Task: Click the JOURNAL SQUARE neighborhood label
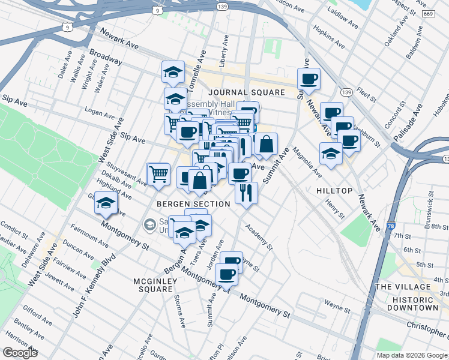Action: click(246, 92)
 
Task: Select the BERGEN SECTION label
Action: click(193, 205)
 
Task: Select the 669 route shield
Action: click(429, 14)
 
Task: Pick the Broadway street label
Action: click(106, 58)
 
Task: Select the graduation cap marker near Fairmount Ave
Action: click(106, 204)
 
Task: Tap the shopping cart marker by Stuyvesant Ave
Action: click(158, 174)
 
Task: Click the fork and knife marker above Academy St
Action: click(246, 193)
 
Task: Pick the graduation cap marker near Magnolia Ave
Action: click(331, 154)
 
